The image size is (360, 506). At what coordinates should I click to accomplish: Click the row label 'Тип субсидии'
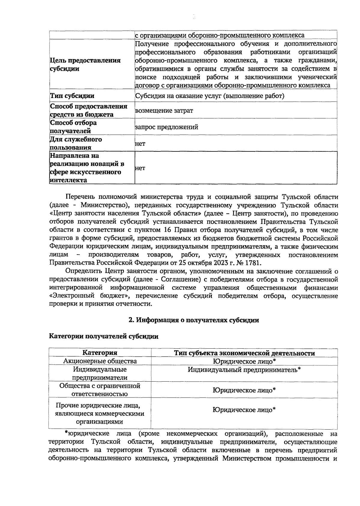pyautogui.click(x=72, y=96)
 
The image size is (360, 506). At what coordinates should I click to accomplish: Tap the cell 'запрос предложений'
pyautogui.click(x=166, y=127)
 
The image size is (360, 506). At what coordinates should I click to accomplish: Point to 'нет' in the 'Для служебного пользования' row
pyautogui.click(x=140, y=144)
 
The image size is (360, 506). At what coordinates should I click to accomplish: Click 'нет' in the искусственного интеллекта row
pyautogui.click(x=140, y=168)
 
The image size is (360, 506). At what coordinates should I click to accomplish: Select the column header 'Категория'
pyautogui.click(x=100, y=353)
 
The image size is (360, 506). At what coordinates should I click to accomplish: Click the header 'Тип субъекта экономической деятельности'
pyautogui.click(x=244, y=353)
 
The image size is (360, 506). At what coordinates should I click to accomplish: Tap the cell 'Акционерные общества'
pyautogui.click(x=100, y=361)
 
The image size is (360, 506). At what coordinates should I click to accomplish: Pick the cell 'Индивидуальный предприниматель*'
pyautogui.click(x=244, y=370)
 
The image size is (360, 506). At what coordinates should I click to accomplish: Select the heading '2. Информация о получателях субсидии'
pyautogui.click(x=194, y=320)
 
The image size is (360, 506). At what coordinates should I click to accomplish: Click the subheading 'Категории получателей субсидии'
pyautogui.click(x=104, y=336)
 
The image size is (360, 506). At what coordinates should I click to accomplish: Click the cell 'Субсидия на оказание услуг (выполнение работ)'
pyautogui.click(x=210, y=96)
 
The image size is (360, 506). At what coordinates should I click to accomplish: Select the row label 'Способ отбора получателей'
pyautogui.click(x=73, y=127)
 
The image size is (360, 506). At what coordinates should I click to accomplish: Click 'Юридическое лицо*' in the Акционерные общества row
pyautogui.click(x=244, y=361)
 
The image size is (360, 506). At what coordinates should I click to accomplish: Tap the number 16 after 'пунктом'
pyautogui.click(x=168, y=231)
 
